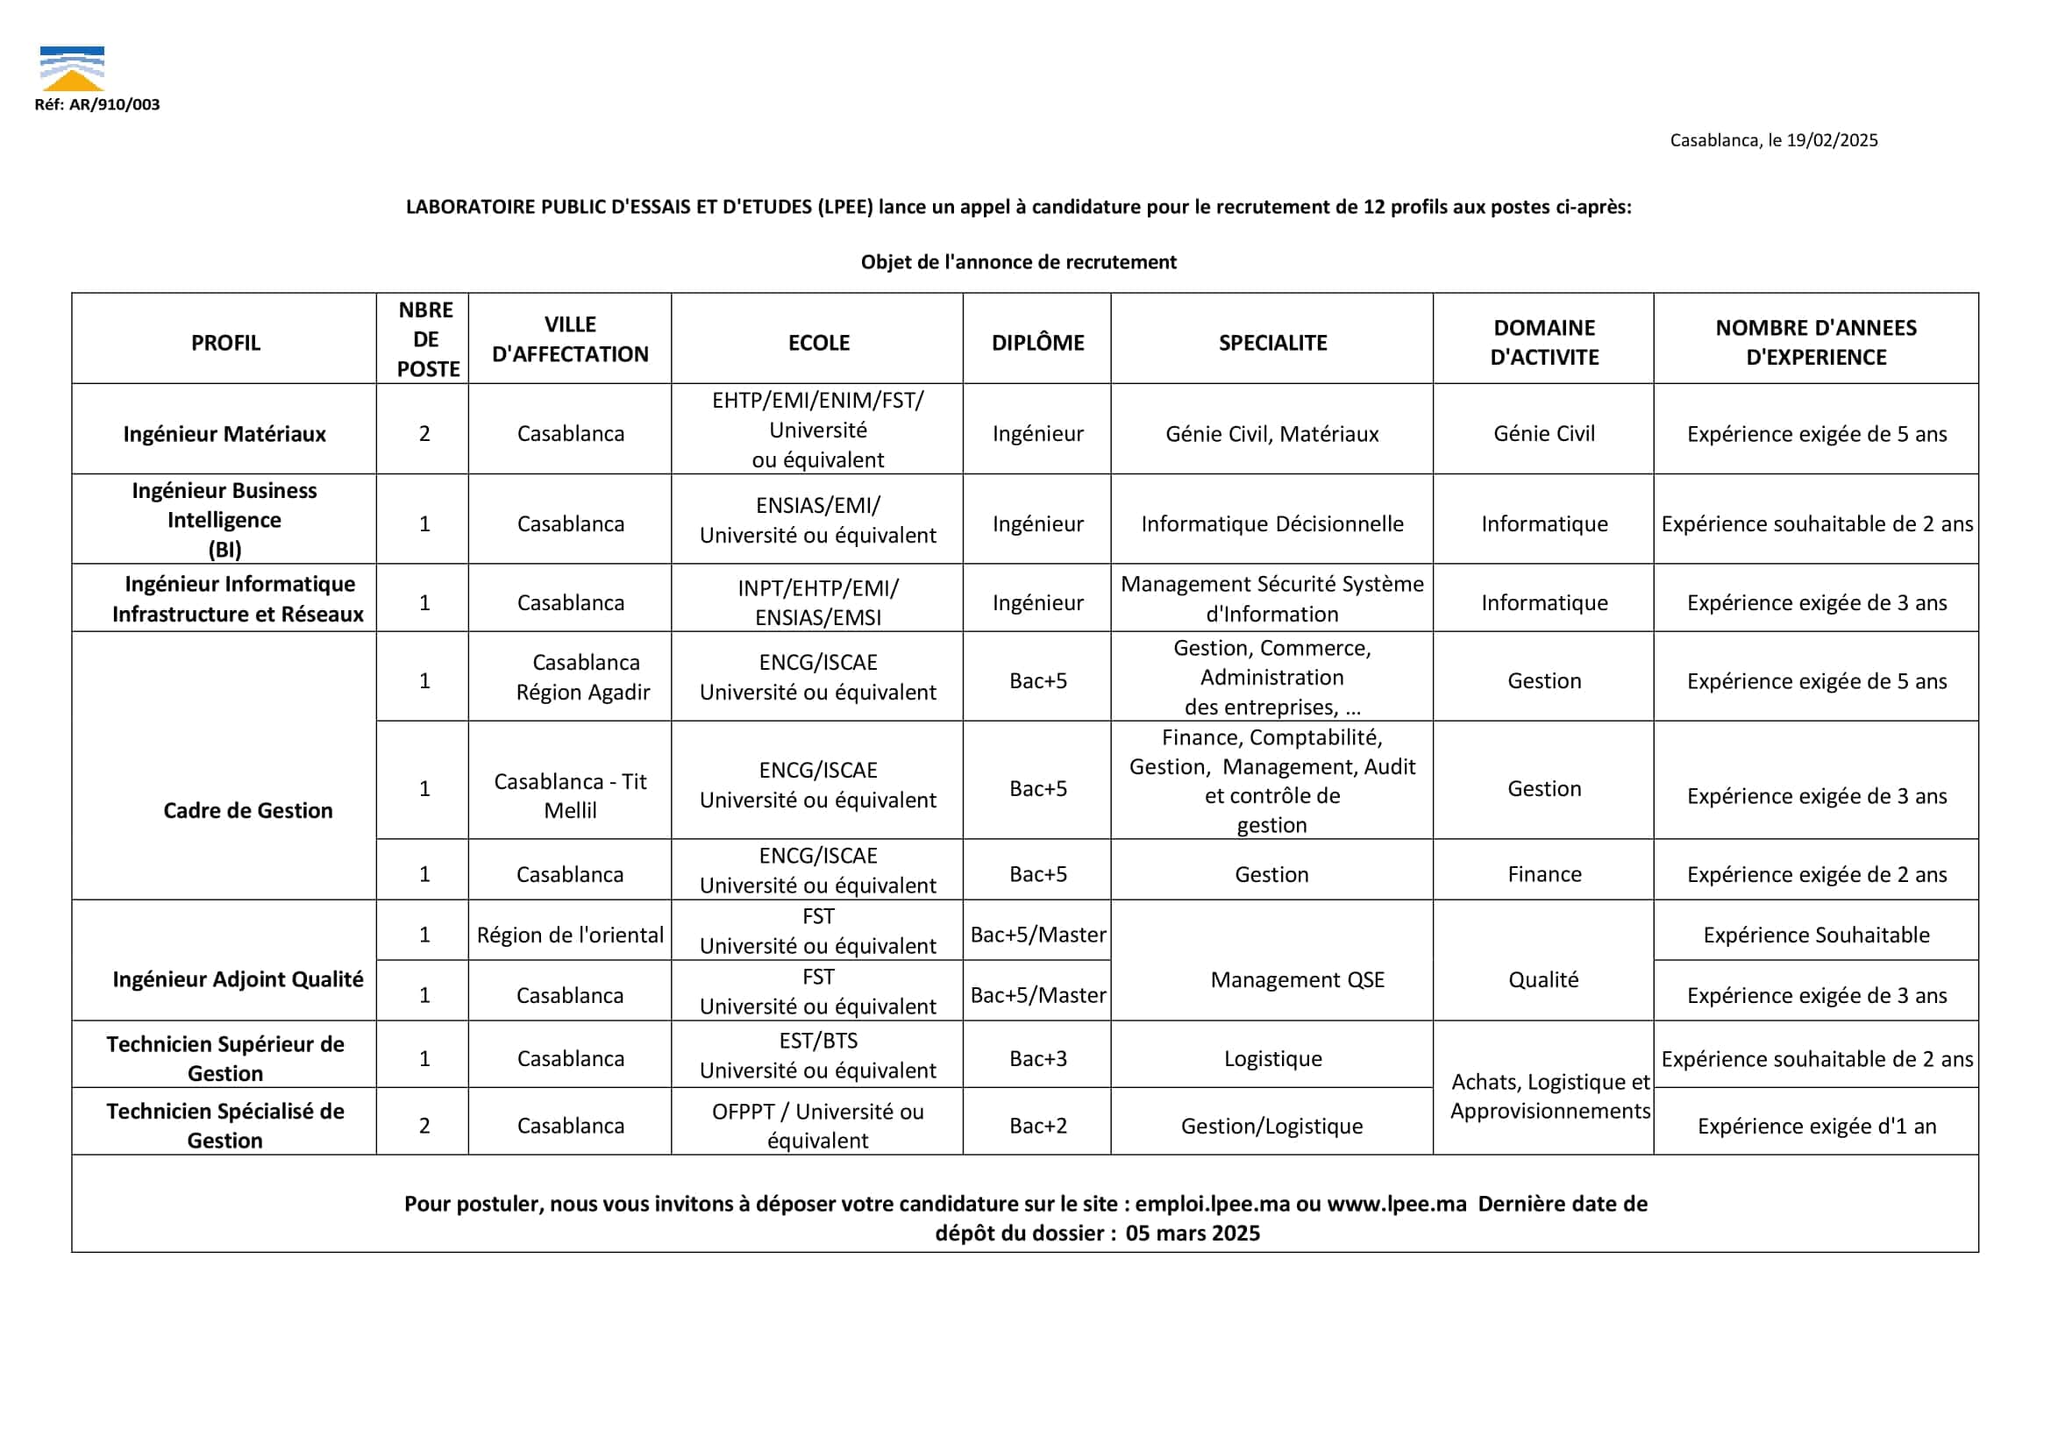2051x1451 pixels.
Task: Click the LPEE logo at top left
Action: [x=73, y=68]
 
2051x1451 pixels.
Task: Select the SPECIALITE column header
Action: [x=1271, y=342]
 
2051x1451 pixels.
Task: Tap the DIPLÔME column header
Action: [x=1036, y=342]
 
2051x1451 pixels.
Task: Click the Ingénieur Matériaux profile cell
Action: [x=224, y=434]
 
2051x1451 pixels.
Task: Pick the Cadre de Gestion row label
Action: [x=247, y=810]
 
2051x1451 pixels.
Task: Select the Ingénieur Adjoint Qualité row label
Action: [x=238, y=979]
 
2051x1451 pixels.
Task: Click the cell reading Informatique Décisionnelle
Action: [x=1271, y=523]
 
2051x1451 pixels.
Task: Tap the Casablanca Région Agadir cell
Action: [x=584, y=677]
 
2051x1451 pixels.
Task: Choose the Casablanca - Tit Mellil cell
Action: [x=570, y=795]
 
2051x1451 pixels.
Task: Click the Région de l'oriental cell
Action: [x=570, y=935]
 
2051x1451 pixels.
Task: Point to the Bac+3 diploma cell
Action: [x=1037, y=1059]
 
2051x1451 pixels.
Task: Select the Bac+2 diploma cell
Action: [x=1037, y=1126]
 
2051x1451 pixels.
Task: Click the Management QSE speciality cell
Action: [x=1297, y=980]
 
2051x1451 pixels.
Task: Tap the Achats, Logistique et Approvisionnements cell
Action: [x=1549, y=1096]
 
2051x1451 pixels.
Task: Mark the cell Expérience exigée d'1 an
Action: [x=1816, y=1126]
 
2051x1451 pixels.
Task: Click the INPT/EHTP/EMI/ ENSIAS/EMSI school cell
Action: [x=818, y=602]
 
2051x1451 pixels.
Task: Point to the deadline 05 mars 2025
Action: [x=1193, y=1233]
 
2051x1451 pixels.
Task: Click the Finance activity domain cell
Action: [x=1543, y=874]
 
